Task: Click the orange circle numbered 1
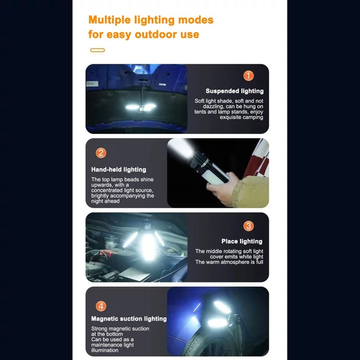[248, 76]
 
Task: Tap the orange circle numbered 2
[101, 153]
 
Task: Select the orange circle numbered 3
[248, 226]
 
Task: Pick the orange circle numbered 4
[101, 306]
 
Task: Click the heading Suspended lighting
[235, 91]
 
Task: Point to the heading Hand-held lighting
[119, 170]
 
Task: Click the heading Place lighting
[242, 241]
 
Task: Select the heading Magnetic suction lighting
[129, 319]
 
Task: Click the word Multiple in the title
[110, 20]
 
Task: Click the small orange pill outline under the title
[98, 50]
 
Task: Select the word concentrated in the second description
[107, 190]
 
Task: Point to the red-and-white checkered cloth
[258, 158]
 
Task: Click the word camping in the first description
[253, 118]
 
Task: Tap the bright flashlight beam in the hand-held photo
[180, 148]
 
